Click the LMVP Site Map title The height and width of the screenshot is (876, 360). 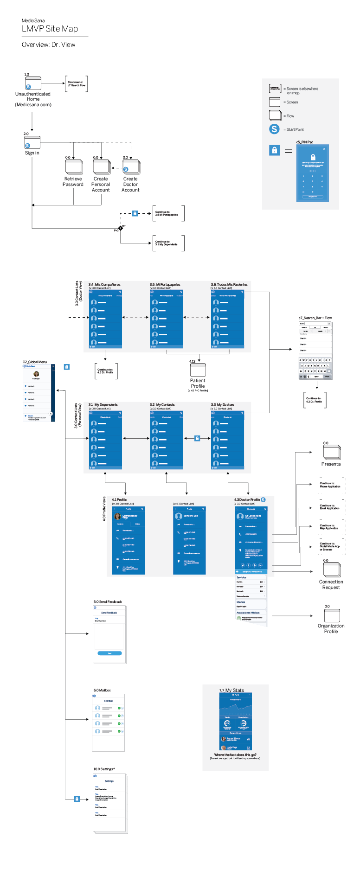tap(50, 29)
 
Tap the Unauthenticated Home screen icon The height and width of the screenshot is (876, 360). tap(33, 83)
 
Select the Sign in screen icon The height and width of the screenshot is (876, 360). tap(32, 142)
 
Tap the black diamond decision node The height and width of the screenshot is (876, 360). tap(121, 228)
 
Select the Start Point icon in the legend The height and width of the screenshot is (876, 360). tap(274, 129)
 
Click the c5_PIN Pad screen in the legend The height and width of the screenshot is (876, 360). tap(312, 173)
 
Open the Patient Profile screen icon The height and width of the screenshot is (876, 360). tap(198, 370)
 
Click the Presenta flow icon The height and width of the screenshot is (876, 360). tap(332, 453)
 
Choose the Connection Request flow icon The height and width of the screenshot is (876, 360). tap(332, 570)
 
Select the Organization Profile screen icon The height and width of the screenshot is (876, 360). tap(332, 615)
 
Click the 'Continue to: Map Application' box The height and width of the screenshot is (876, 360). tap(331, 527)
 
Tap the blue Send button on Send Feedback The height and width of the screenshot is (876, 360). tap(109, 653)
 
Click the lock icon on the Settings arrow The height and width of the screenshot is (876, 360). tap(77, 799)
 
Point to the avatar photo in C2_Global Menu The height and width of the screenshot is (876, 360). tap(36, 374)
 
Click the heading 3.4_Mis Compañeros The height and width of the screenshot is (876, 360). tap(104, 284)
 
